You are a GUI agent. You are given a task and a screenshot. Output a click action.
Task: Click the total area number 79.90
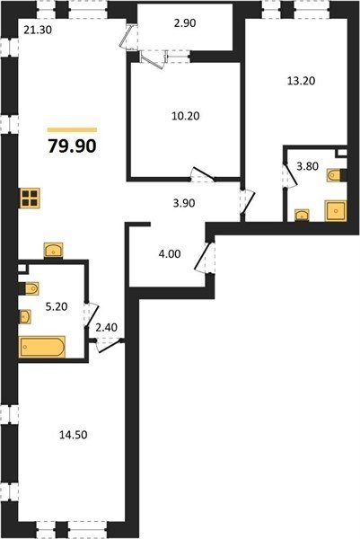coord(72,146)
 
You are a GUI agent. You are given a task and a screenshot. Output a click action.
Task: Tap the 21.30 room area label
coord(38,31)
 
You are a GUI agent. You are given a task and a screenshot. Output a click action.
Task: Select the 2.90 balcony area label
coord(185,23)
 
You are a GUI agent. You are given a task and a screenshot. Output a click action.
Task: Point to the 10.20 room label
coord(186,116)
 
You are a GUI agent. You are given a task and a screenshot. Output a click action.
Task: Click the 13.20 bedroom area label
coord(302,81)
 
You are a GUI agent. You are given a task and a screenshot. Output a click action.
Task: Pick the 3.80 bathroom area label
coord(307,166)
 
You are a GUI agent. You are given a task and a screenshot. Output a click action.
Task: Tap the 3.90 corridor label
coord(184,203)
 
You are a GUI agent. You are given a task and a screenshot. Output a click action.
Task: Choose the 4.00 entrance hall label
coord(170,254)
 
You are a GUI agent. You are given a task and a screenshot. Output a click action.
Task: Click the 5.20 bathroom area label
coord(57,306)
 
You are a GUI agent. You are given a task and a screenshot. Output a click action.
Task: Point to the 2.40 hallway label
coord(106,328)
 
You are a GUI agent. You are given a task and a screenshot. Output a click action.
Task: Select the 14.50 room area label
coord(74,435)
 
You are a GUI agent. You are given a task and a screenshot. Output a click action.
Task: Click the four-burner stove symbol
coord(30,199)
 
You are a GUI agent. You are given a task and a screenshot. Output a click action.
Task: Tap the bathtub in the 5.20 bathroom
coord(42,347)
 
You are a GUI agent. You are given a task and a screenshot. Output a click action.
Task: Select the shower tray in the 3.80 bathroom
coord(336,211)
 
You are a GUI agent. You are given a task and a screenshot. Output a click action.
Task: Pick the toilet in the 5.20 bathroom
coord(30,288)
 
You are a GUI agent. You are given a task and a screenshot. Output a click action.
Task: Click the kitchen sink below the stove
coord(54,250)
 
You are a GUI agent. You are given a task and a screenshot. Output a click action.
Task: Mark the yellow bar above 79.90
coord(72,130)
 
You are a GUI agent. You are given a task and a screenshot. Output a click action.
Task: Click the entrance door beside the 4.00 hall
coord(205,258)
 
